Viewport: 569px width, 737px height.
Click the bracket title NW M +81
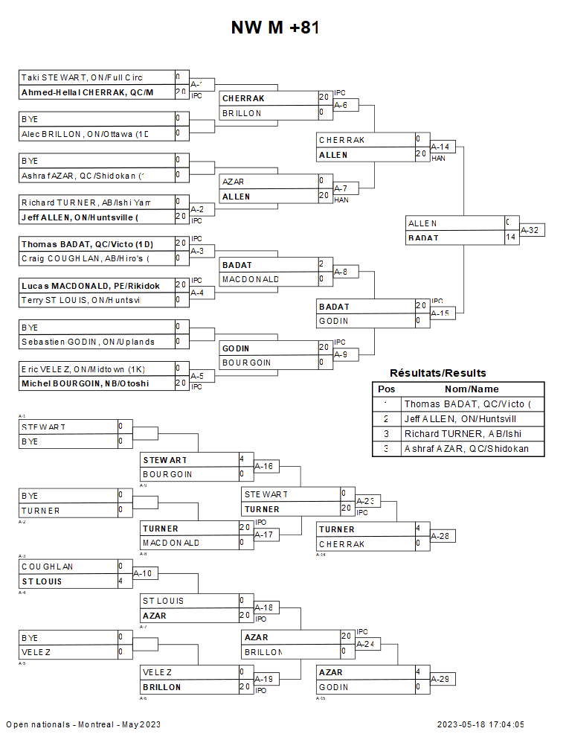point(275,28)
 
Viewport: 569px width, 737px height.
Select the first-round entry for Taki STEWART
point(82,77)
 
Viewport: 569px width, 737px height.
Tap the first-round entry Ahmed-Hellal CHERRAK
point(87,92)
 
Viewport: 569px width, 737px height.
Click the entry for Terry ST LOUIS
point(81,300)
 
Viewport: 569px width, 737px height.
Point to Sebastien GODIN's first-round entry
point(88,342)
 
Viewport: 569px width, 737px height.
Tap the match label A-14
point(440,147)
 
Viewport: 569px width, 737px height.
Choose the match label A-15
point(440,313)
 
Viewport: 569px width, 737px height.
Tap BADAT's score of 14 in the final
point(511,237)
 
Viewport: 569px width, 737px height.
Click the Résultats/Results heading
point(438,373)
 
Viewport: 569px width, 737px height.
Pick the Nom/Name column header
point(472,389)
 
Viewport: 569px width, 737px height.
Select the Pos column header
point(386,389)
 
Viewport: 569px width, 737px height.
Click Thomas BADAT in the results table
point(471,404)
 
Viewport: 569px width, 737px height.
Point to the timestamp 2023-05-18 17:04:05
point(480,724)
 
